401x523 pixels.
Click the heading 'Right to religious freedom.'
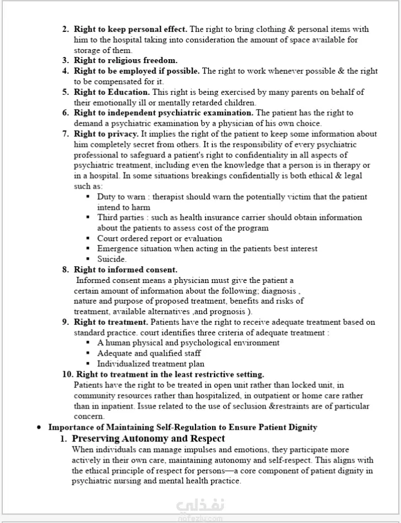click(x=126, y=60)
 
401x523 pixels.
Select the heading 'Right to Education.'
click(x=112, y=92)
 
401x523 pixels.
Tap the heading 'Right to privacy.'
click(x=106, y=134)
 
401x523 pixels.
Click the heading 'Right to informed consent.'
click(x=126, y=270)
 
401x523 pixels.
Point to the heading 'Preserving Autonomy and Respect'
click(x=149, y=439)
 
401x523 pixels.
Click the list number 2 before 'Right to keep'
click(x=65, y=29)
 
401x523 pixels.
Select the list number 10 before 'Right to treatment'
click(x=67, y=374)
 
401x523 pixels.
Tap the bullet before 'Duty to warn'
click(x=88, y=197)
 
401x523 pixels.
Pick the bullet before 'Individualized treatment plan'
click(x=88, y=364)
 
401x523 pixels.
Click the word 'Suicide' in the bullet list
click(x=111, y=259)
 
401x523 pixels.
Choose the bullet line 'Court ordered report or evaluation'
click(x=160, y=238)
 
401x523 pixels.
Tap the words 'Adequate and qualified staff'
click(x=149, y=353)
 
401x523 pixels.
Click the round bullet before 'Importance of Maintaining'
click(x=39, y=428)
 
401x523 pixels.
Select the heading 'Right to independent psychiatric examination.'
click(x=164, y=113)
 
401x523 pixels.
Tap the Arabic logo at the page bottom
click(x=200, y=507)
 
